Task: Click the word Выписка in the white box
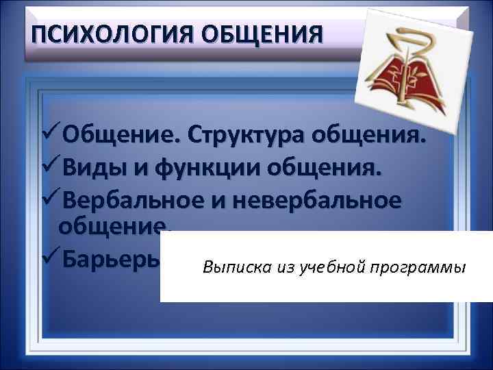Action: [x=230, y=267]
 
